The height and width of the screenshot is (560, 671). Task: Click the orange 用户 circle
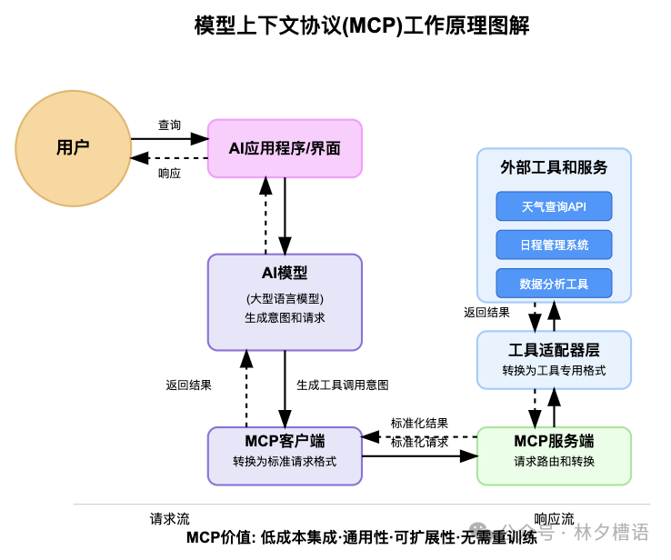73,148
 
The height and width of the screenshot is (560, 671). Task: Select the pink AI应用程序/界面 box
285,148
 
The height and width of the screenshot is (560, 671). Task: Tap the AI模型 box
285,302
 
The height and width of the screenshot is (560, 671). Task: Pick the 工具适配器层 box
554,360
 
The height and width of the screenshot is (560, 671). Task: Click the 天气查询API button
554,206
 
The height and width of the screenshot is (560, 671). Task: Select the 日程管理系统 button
554,245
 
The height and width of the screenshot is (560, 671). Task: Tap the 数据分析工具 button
554,284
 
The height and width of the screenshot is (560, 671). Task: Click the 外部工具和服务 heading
554,167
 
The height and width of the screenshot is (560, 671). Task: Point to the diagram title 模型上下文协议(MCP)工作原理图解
361,25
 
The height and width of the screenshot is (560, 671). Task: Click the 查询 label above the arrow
169,125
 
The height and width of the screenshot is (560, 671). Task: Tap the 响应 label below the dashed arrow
169,173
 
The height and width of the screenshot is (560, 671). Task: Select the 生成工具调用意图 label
343,385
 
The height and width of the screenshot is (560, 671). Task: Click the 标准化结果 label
419,423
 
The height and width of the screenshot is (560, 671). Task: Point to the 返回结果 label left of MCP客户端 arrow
188,385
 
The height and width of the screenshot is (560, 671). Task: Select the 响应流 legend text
554,519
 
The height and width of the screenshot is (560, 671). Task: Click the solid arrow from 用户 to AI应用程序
169,139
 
